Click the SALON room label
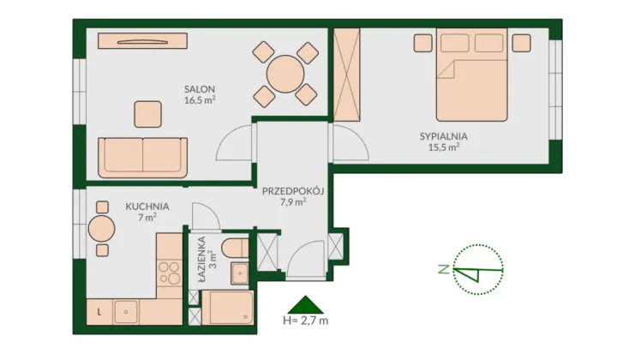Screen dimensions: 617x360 coord(200,89)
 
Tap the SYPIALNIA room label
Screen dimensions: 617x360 coord(444,136)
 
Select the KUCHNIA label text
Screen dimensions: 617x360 coord(147,207)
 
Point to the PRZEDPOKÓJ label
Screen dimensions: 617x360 coord(293,191)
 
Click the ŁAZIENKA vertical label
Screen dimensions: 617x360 coord(202,259)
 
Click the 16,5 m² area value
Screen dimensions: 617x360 coord(200,100)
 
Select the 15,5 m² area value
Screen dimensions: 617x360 coord(444,147)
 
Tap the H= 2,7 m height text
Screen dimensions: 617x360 coord(305,321)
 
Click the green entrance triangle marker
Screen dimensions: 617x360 coord(305,305)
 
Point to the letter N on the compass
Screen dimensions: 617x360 coord(444,269)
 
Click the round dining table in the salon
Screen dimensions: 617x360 coord(285,74)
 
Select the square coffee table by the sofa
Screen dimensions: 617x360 coord(148,114)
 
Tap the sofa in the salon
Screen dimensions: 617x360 coord(142,158)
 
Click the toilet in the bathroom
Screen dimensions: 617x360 coord(235,249)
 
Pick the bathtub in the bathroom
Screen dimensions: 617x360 coord(227,308)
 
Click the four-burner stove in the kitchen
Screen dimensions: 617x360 coord(169,273)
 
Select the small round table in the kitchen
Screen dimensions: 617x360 coord(101,229)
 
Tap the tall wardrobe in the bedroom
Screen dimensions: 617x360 coord(347,75)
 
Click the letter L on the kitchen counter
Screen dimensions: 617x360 coord(99,312)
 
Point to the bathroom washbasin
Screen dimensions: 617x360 coord(239,273)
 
